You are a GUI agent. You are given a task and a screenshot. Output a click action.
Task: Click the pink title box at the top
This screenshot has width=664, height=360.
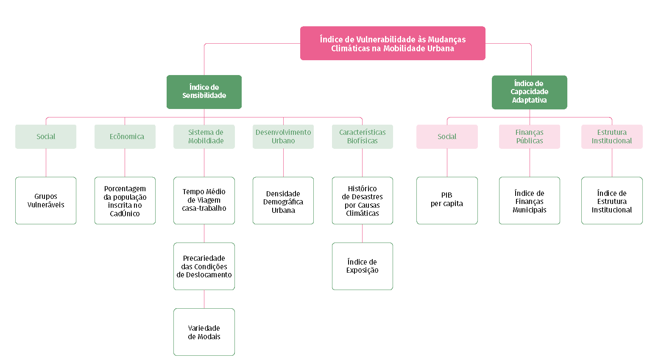(x=393, y=43)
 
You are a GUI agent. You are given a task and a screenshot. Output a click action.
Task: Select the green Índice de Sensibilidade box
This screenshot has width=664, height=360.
(x=204, y=92)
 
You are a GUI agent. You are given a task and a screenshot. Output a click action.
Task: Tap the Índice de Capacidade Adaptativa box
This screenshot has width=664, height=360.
(x=529, y=92)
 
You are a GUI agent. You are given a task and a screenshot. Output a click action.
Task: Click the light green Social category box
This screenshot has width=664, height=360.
(x=46, y=137)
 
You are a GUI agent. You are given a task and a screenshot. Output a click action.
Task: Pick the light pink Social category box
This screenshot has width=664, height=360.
(x=447, y=137)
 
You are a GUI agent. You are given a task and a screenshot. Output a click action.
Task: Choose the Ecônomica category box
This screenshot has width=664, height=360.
(x=125, y=137)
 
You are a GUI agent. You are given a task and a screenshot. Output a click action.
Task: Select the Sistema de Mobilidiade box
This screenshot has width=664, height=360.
(x=204, y=137)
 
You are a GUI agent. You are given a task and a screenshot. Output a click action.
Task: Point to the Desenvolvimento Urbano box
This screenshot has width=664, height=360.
(x=283, y=137)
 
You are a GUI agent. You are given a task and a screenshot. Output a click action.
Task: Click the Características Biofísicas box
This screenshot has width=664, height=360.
(x=363, y=137)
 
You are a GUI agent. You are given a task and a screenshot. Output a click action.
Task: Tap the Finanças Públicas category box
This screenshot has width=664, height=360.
(x=529, y=137)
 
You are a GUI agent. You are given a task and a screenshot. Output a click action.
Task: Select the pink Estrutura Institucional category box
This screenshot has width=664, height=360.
(x=612, y=137)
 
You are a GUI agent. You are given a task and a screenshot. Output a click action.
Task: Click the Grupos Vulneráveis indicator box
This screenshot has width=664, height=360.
(x=46, y=201)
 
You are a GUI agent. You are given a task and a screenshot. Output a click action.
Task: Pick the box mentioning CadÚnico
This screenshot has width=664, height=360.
(x=125, y=201)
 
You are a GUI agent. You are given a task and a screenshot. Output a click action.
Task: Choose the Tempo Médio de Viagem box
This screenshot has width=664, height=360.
(x=204, y=201)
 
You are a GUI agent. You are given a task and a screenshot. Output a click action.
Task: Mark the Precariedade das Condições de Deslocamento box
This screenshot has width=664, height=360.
(x=204, y=266)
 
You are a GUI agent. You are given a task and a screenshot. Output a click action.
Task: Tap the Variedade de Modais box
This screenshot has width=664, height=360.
(x=204, y=332)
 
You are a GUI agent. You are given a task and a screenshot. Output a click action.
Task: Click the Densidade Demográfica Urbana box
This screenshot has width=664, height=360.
(x=283, y=201)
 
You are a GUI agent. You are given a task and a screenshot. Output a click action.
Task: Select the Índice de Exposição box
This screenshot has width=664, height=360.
(x=363, y=266)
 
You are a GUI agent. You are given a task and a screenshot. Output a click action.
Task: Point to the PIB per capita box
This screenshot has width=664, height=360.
(x=447, y=201)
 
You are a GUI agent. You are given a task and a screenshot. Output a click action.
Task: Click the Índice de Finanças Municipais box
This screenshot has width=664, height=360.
(x=529, y=201)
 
